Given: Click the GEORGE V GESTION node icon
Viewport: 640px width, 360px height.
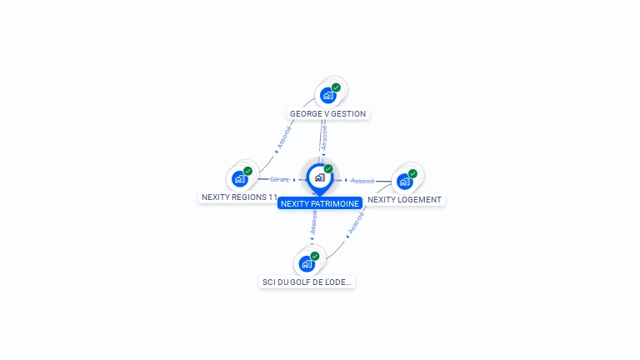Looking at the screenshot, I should [x=327, y=95].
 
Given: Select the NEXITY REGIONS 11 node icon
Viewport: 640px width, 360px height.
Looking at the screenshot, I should [x=239, y=178].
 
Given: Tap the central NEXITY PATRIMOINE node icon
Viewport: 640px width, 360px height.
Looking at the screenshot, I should [x=319, y=177].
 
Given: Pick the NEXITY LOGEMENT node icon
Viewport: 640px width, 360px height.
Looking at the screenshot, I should [x=404, y=181].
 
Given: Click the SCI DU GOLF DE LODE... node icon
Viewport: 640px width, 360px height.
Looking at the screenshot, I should [x=306, y=264].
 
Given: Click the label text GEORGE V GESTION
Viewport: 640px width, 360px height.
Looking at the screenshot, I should [x=327, y=114].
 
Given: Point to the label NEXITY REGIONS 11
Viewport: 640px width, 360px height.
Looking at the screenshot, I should [x=239, y=197].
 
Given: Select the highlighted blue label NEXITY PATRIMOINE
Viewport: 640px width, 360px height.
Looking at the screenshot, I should [x=320, y=203].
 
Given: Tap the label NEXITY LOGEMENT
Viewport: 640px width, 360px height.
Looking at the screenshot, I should [x=404, y=200].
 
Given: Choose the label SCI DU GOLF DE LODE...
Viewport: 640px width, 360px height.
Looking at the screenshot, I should [x=307, y=282].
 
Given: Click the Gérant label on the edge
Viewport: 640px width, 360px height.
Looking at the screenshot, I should [x=279, y=179].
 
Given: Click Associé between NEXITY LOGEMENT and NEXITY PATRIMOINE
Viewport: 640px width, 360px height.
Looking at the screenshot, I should [x=362, y=180].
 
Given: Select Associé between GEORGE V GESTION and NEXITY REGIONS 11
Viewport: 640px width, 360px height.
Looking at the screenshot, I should [x=284, y=137].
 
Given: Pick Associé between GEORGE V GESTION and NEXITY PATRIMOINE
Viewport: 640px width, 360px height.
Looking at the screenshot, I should [x=324, y=137].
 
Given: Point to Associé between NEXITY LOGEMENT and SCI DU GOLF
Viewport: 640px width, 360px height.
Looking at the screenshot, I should [x=356, y=222].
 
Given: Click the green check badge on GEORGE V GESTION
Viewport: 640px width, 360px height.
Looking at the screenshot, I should [x=336, y=87].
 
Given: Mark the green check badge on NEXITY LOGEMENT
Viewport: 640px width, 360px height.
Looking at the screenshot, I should [x=412, y=173].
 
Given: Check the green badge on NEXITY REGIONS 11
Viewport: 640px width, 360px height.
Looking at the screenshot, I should [x=247, y=171].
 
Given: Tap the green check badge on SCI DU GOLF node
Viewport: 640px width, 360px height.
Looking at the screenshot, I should [x=314, y=257].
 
